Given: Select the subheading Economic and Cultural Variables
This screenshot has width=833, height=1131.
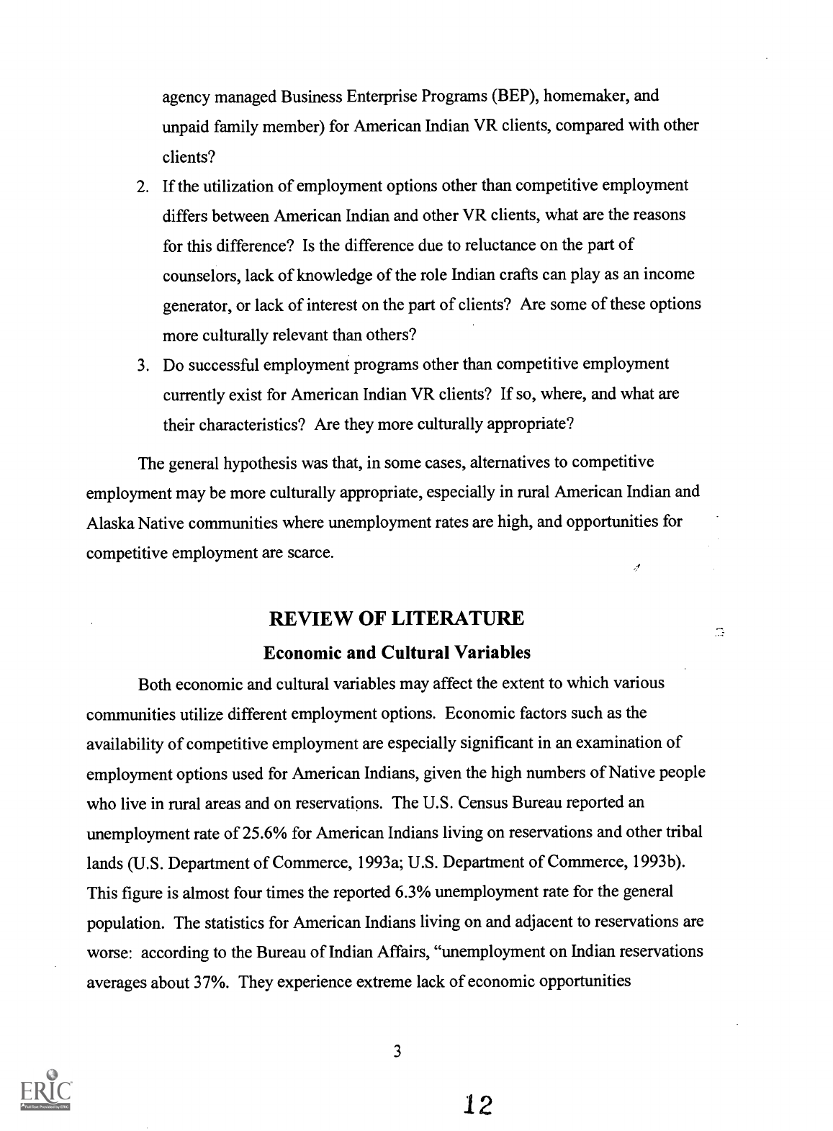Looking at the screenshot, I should pyautogui.click(x=397, y=653).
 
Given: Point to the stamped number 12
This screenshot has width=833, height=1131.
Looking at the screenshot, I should pyautogui.click(x=477, y=1104).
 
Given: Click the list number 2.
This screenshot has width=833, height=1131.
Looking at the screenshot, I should pyautogui.click(x=142, y=186).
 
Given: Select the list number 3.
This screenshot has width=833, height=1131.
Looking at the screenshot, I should pyautogui.click(x=142, y=365).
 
